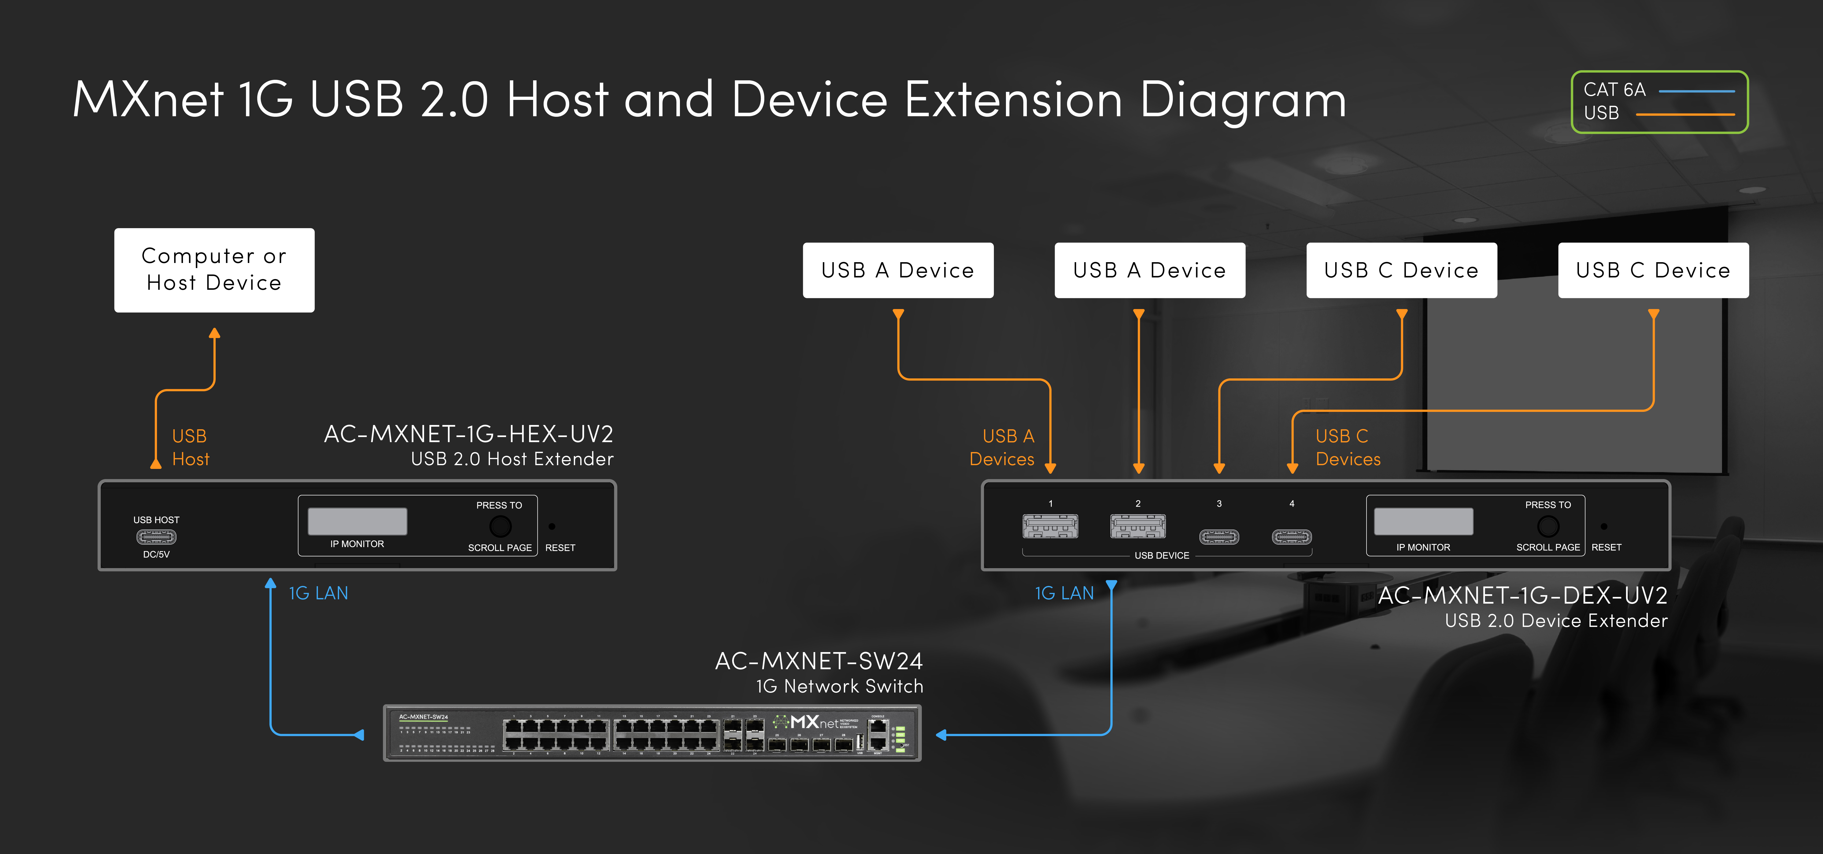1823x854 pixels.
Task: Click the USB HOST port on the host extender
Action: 156,537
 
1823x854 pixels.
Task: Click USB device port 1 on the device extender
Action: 1050,526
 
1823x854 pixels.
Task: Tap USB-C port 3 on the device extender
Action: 1219,537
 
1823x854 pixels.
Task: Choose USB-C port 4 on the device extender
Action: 1292,537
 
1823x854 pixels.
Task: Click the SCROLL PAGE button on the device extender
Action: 1548,526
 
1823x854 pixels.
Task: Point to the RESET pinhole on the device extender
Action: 1604,526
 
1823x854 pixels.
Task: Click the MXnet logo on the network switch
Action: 814,723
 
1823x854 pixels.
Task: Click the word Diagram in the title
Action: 1242,99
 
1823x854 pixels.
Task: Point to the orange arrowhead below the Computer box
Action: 214,333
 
